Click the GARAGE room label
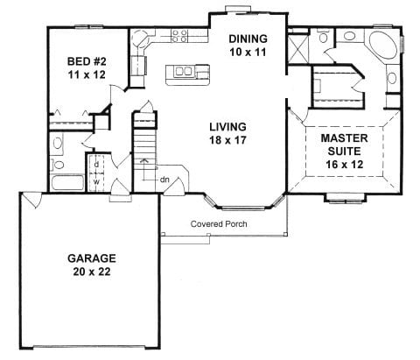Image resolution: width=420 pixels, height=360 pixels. (x=91, y=258)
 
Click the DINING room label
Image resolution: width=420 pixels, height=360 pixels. (x=248, y=39)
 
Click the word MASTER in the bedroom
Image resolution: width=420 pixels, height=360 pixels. (x=344, y=138)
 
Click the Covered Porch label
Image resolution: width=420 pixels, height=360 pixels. (x=219, y=224)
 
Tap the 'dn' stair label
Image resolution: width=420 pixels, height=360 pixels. (x=163, y=181)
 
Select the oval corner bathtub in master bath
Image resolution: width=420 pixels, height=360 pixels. (x=382, y=46)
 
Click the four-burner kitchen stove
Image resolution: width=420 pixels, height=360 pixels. (x=180, y=37)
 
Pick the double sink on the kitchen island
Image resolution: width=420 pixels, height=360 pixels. (x=184, y=70)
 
